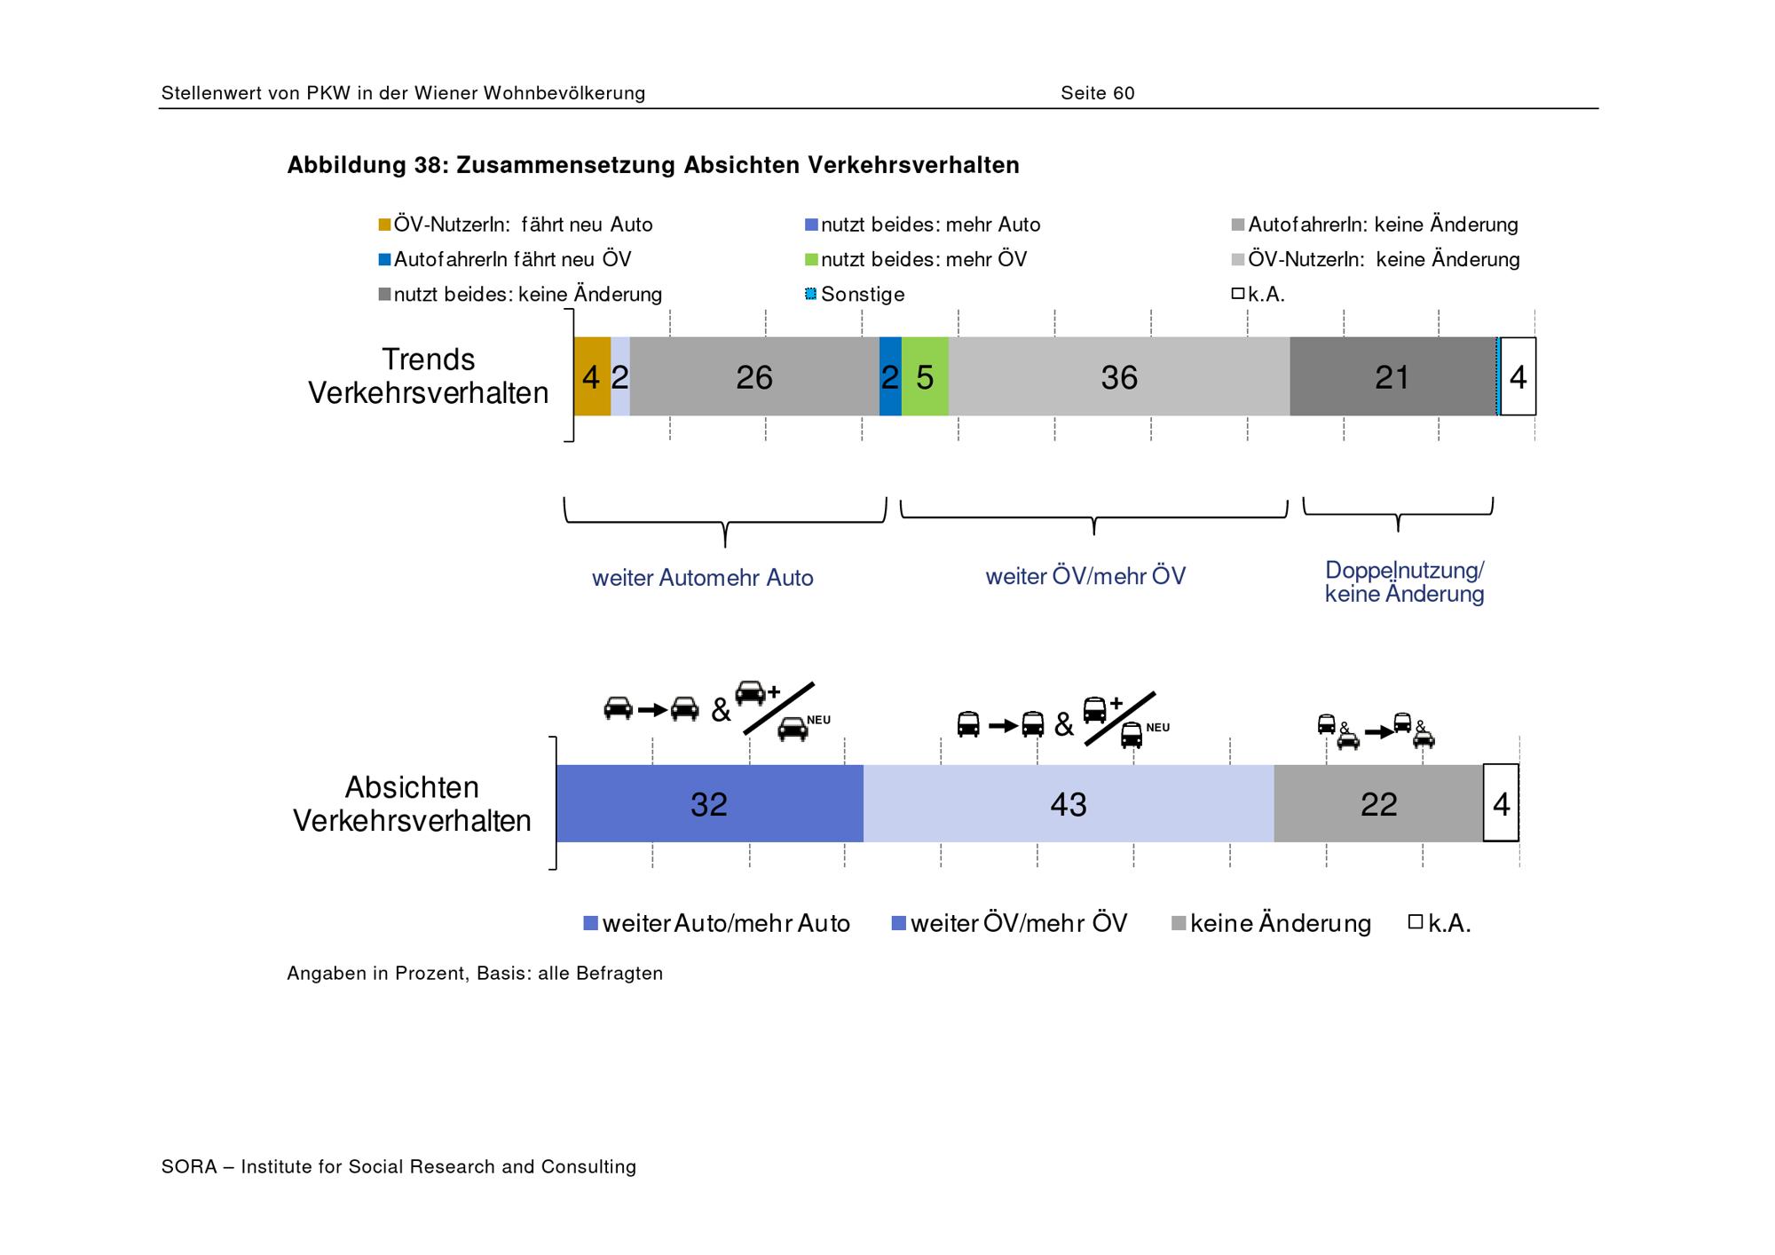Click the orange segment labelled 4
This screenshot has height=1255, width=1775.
[592, 376]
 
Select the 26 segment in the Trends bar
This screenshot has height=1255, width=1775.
[754, 376]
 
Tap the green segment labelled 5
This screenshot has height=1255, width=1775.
[925, 376]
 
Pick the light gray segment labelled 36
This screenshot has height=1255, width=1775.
[1119, 376]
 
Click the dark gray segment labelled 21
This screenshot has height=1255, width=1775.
[1392, 376]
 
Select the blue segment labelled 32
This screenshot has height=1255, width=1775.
[710, 803]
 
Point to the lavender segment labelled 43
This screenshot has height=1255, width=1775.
[1069, 803]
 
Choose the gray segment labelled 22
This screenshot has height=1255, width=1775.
[1378, 803]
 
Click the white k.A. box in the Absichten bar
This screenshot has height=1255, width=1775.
[1502, 803]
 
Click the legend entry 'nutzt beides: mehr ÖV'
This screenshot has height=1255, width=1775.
[916, 259]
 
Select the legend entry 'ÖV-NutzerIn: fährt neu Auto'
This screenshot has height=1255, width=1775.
[516, 225]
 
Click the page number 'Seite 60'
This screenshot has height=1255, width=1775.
[1098, 93]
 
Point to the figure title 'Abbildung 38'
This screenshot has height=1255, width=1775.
[364, 165]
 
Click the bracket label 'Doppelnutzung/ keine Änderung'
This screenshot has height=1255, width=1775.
[1404, 582]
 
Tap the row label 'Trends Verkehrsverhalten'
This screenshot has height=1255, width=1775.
[429, 376]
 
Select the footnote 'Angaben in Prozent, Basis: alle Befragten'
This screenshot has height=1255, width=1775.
[475, 973]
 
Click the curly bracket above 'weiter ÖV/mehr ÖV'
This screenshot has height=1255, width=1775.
[1094, 517]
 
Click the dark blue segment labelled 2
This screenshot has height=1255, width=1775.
[890, 376]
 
